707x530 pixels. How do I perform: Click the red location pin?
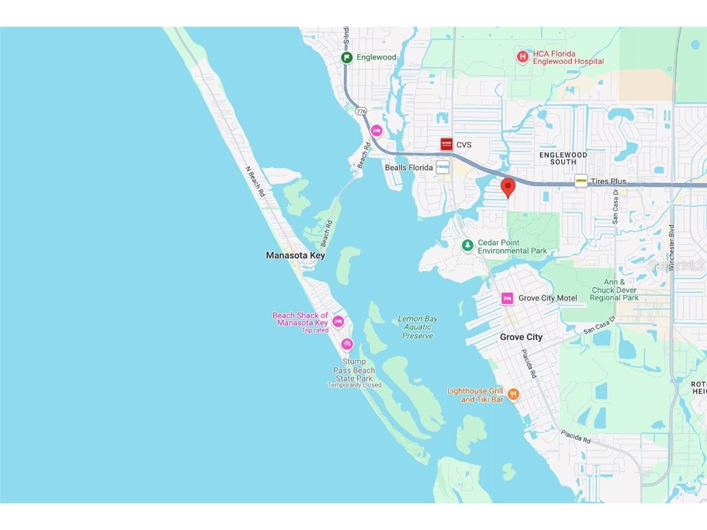tap(508, 187)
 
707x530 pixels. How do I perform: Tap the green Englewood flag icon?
tap(347, 57)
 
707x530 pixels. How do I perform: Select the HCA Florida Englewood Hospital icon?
tap(523, 57)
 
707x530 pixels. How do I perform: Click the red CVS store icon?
tap(446, 145)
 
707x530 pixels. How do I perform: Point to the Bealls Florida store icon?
tap(443, 168)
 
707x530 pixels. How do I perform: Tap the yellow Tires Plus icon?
tap(581, 181)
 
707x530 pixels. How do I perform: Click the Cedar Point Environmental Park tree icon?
tap(467, 246)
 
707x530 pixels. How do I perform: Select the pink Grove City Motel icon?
tap(507, 299)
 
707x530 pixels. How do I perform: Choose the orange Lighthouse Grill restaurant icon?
tap(513, 395)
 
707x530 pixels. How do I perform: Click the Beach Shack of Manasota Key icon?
tap(338, 321)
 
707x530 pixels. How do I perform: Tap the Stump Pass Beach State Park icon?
tap(347, 344)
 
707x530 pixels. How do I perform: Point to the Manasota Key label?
tap(295, 255)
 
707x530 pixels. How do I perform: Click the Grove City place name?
tap(521, 337)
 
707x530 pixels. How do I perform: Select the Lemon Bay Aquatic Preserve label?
tap(417, 327)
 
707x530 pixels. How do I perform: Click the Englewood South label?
tap(562, 158)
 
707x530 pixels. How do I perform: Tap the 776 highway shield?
tap(361, 111)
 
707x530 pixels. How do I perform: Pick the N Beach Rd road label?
tap(255, 181)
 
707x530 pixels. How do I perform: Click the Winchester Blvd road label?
tap(672, 248)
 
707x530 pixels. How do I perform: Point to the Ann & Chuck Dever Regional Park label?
tap(614, 290)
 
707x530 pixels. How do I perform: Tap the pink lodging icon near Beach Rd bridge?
tap(376, 130)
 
